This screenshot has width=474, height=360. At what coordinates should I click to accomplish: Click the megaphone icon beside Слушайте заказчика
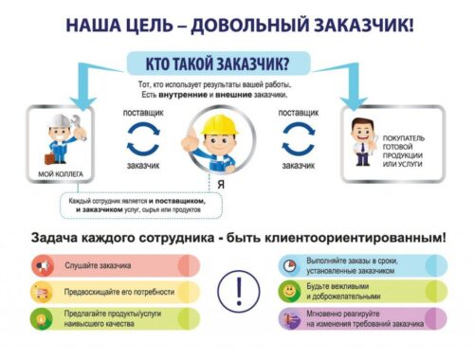[42, 265]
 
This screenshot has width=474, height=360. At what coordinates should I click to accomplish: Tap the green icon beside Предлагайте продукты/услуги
[42, 317]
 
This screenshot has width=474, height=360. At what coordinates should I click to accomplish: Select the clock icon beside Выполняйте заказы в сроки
[288, 263]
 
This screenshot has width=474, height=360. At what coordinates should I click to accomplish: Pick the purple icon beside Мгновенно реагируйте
[288, 318]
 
